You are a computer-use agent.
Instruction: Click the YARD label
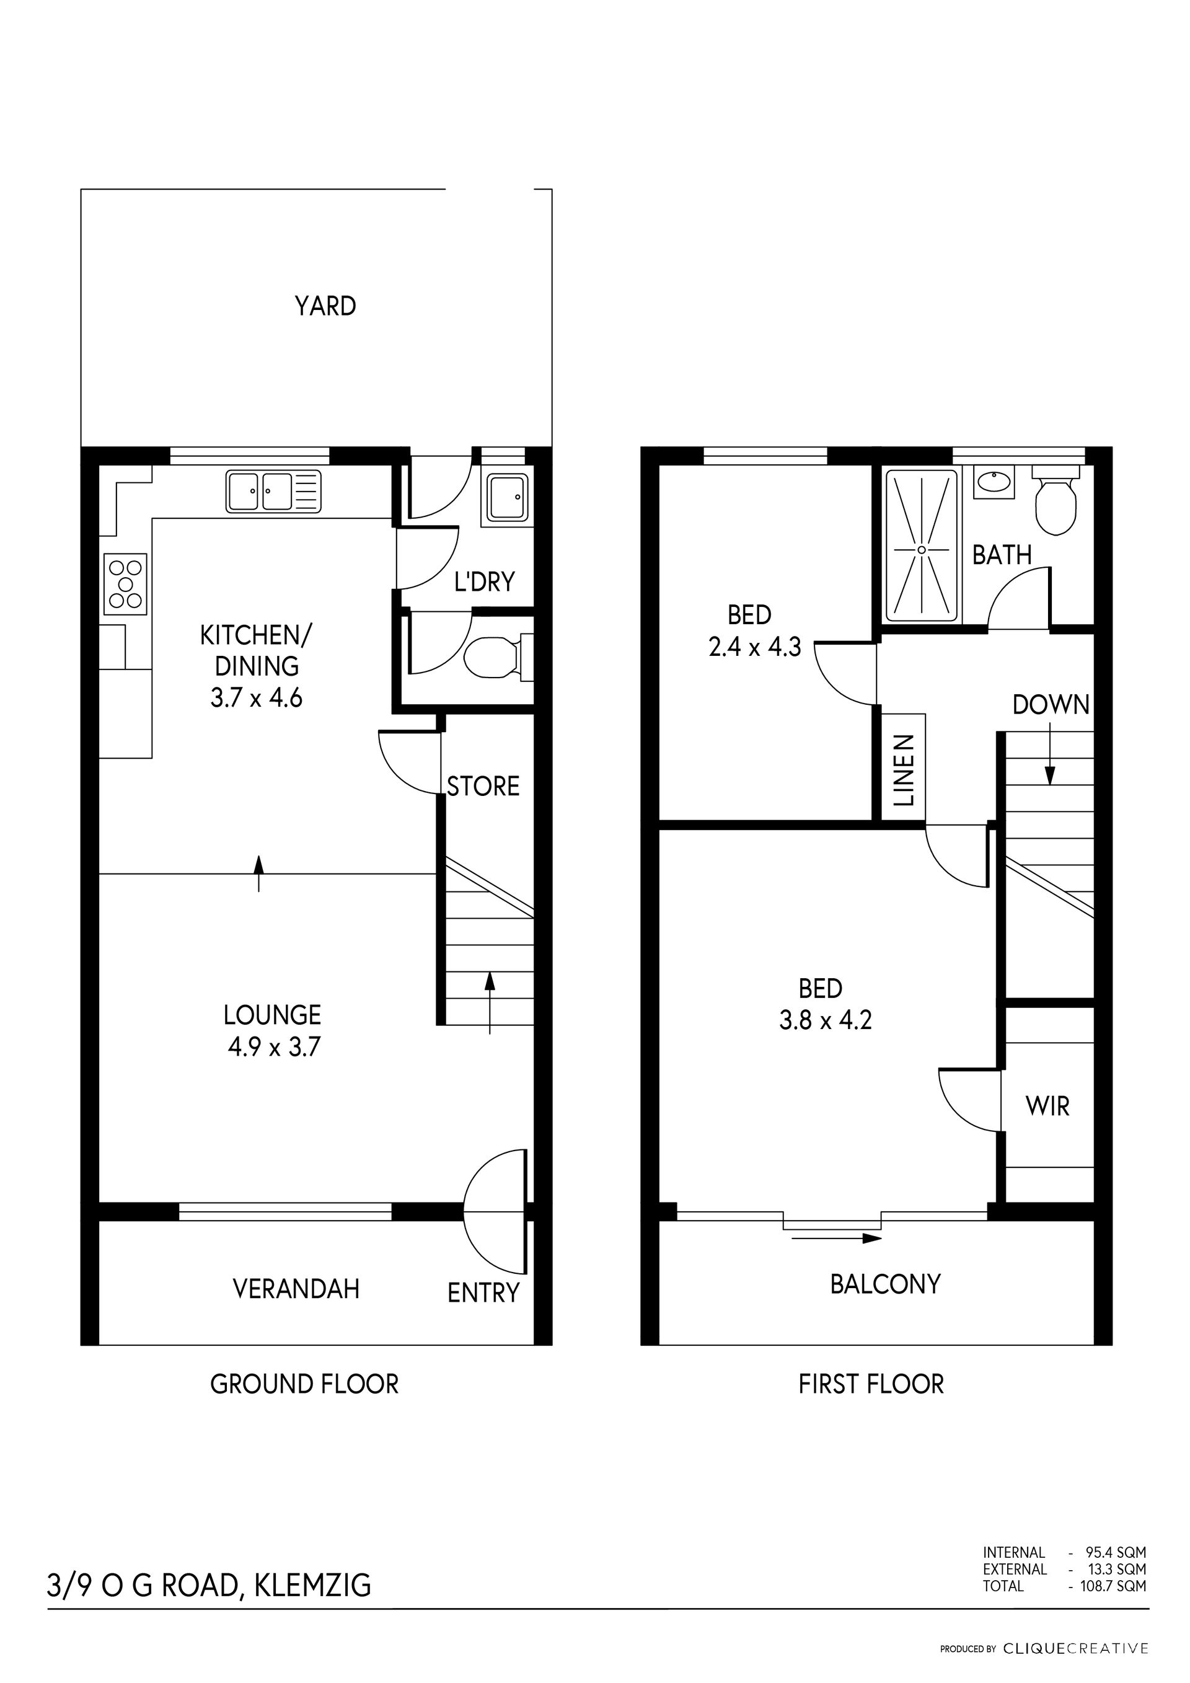pyautogui.click(x=325, y=306)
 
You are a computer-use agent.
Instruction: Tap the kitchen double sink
pyautogui.click(x=273, y=491)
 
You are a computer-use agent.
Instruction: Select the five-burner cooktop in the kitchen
pyautogui.click(x=126, y=584)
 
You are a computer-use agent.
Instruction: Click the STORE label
pyautogui.click(x=483, y=787)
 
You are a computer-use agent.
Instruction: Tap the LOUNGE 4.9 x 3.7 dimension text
pyautogui.click(x=273, y=1047)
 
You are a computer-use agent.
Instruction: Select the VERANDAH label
pyautogui.click(x=296, y=1289)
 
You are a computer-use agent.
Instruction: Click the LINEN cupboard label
pyautogui.click(x=905, y=770)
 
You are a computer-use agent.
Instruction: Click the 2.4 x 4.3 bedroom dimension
pyautogui.click(x=755, y=647)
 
